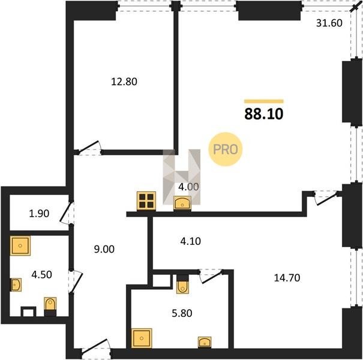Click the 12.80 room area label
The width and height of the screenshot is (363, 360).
[x=124, y=82]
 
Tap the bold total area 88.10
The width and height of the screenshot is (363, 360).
[x=263, y=114]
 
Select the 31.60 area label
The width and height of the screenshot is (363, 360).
[x=329, y=23]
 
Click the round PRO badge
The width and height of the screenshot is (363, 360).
[x=225, y=149]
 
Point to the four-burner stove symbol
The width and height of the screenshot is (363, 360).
[x=146, y=201]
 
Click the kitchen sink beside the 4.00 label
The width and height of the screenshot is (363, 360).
[x=182, y=203]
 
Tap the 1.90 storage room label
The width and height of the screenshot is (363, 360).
[x=39, y=214]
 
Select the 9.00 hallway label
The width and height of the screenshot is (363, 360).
[x=104, y=249]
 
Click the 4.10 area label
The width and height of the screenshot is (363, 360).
[x=191, y=241]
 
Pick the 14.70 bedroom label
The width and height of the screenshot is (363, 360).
[x=287, y=278]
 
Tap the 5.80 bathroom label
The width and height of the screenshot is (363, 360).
[x=182, y=313]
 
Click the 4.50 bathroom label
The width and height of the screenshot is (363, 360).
[x=41, y=275]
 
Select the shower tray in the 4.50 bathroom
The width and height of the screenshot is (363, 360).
[x=20, y=245]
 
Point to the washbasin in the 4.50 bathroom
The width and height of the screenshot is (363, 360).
[x=16, y=285]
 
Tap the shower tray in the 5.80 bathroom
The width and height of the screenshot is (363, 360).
[x=142, y=338]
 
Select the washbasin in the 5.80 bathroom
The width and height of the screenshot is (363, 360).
[x=205, y=343]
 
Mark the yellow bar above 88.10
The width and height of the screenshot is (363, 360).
[x=263, y=101]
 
